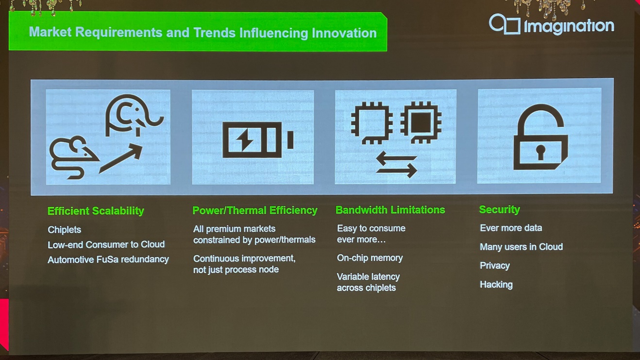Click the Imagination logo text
pos(569,27)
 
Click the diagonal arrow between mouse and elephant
pos(121,159)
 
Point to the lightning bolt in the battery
pos(245,140)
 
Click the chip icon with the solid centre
pos(421,122)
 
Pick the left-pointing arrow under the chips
pos(396,158)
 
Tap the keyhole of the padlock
pos(540,152)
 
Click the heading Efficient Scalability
pos(96,211)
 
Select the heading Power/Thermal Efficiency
pos(255,210)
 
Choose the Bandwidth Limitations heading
pos(390,210)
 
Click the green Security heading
pos(500,209)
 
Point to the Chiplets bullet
pos(64,230)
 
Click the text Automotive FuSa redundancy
pos(108,259)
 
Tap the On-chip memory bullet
pos(370,258)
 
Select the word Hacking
pos(496,285)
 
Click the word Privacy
pos(495,266)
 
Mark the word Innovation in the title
pos(344,33)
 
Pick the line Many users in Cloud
pos(521,247)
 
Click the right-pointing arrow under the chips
pos(396,170)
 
